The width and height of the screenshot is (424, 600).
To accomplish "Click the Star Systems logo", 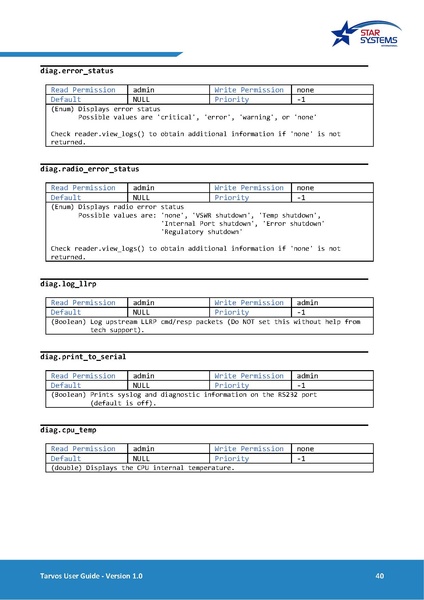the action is (367, 38).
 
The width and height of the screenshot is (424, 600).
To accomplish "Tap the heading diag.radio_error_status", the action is (90, 169).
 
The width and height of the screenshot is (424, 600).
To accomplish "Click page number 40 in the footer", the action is (379, 576).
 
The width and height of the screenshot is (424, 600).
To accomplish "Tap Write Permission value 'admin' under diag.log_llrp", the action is (307, 301).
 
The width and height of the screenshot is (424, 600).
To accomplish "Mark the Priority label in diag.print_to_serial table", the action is (231, 384).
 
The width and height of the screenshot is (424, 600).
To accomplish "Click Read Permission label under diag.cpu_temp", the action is (83, 448).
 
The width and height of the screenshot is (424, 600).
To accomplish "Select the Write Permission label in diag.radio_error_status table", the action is (249, 188).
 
